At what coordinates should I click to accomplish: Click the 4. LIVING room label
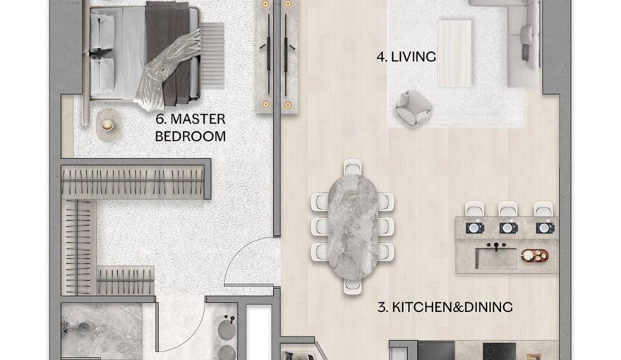click(406, 56)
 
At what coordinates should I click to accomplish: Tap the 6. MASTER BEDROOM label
click(190, 128)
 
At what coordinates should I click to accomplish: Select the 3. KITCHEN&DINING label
click(445, 307)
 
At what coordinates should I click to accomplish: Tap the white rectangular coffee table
click(454, 53)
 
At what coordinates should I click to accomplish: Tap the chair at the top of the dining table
click(352, 167)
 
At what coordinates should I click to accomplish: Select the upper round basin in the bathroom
click(227, 329)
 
